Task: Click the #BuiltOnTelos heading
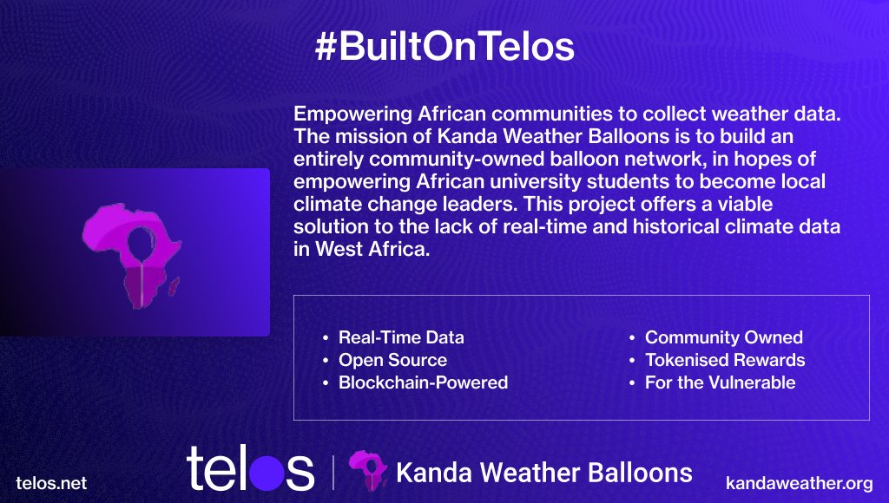(x=444, y=48)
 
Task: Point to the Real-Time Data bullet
(x=401, y=337)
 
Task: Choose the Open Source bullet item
(x=392, y=360)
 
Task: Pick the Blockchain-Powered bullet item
(x=423, y=382)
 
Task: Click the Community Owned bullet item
(x=723, y=337)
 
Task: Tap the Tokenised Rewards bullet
(x=725, y=360)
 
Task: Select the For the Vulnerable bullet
(x=720, y=382)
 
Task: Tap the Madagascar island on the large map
(x=175, y=284)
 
